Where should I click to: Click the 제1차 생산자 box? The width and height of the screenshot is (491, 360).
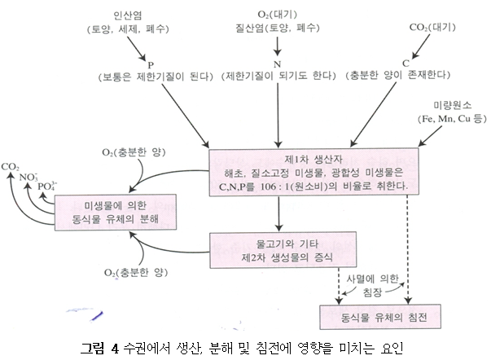coord(325,172)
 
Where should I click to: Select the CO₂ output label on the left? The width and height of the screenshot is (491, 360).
coord(11,166)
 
